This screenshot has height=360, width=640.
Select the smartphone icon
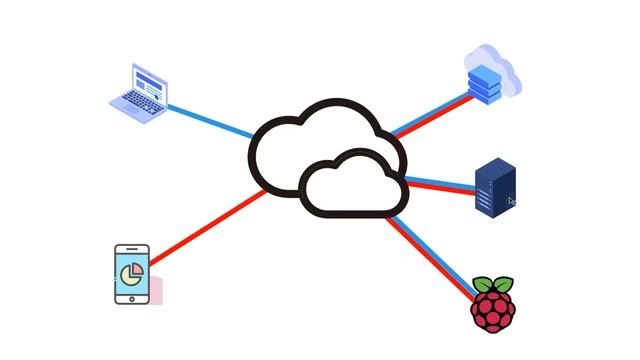point(132,274)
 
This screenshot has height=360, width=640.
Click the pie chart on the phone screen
point(131,271)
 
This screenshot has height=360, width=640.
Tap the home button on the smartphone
point(131,296)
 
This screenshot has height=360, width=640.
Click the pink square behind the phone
point(155,291)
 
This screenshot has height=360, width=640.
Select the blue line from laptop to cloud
point(210,120)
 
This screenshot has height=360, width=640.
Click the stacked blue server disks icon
point(482,80)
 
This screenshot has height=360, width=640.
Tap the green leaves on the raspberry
point(492,283)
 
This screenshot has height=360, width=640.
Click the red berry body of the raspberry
point(492,312)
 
